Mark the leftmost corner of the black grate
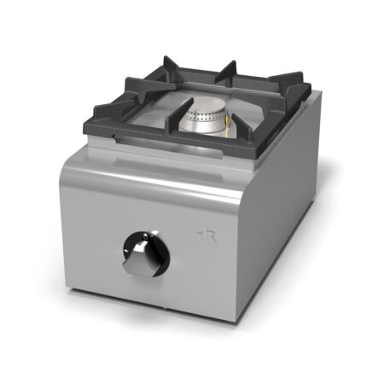tap(85, 125)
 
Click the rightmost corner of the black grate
tap(309, 88)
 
